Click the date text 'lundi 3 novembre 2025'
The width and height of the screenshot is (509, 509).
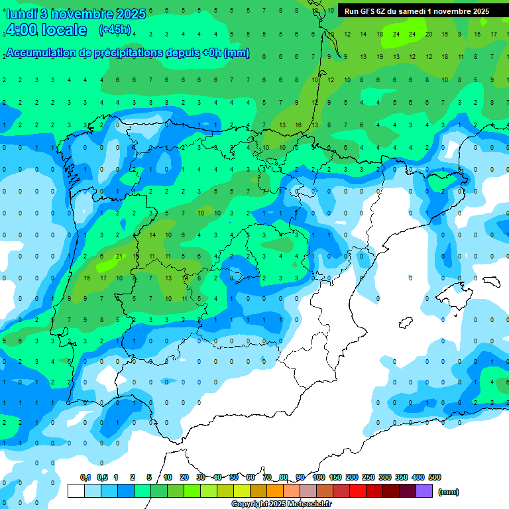pos(75,14)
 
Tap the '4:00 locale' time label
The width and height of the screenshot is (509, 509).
pos(46,30)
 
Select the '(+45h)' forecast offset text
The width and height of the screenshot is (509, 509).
pos(115,30)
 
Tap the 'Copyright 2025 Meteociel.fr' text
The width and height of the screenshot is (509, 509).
pos(282,504)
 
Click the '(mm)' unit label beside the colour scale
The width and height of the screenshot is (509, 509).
pos(449,492)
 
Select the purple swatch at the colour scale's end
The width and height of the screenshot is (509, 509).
pos(424,491)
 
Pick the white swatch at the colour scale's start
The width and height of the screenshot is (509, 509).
pos(76,491)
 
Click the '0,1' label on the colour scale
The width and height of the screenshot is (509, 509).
pos(85,477)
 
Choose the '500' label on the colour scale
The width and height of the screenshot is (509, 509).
pos(435,477)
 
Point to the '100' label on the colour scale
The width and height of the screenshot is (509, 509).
pos(319,477)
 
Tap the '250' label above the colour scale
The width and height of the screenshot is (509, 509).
pos(368,477)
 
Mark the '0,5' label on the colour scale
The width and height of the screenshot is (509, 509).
pos(102,477)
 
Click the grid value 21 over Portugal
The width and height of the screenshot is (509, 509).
pos(118,256)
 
